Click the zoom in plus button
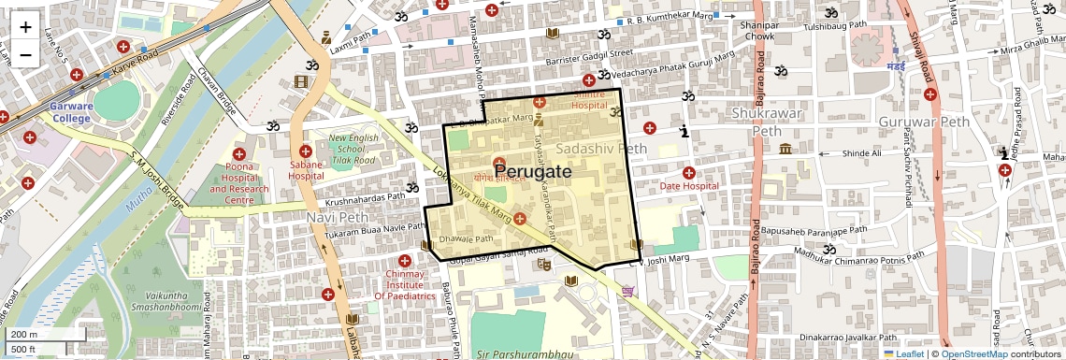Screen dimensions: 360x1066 25,27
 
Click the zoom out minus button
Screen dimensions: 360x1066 25,54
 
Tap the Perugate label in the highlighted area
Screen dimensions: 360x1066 532,173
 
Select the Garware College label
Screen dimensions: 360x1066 72,112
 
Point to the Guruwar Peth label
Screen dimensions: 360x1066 922,122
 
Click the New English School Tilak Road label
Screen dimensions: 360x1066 353,150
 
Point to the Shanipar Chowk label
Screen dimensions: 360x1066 759,31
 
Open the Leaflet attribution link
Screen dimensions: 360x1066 903,353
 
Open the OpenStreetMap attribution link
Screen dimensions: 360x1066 973,353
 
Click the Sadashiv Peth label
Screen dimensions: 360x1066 600,149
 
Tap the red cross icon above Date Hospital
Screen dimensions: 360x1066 689,172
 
